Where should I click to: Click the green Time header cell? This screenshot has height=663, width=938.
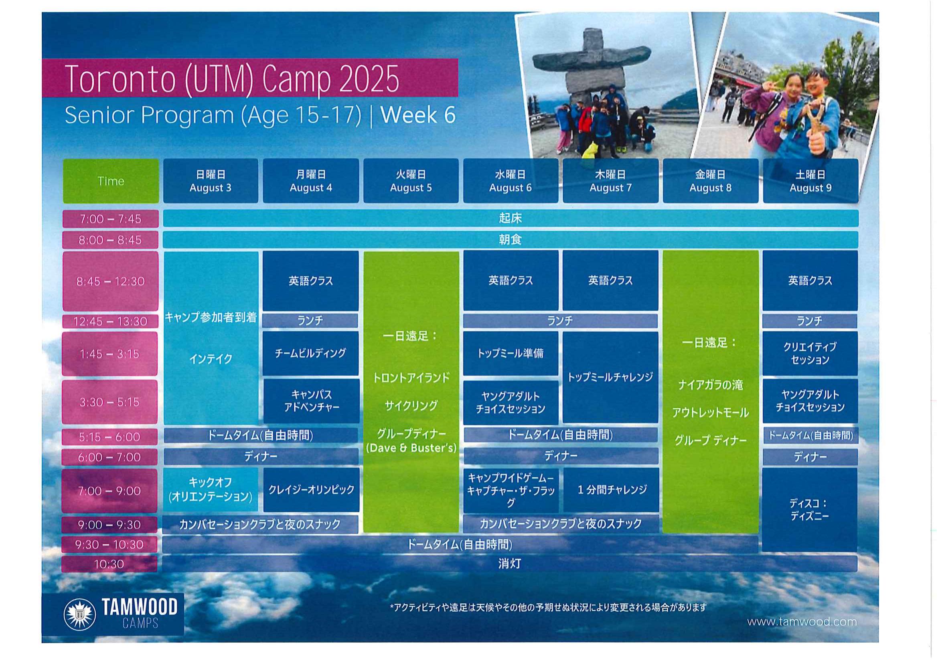click(x=111, y=181)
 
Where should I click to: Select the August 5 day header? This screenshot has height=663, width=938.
click(x=411, y=181)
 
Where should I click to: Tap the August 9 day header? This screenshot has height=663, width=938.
click(x=810, y=181)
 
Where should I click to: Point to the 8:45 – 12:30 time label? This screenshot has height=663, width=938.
click(x=110, y=281)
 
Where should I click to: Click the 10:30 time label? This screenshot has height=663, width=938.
click(x=109, y=564)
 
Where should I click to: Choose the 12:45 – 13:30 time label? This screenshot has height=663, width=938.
click(x=110, y=321)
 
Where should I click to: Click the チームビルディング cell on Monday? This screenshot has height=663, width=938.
click(x=310, y=353)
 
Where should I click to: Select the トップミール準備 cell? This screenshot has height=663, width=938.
click(x=511, y=353)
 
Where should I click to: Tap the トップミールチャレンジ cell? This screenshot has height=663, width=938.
click(x=610, y=377)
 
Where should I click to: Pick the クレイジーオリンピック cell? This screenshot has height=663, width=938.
click(x=311, y=490)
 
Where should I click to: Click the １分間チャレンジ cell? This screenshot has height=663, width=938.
click(x=612, y=490)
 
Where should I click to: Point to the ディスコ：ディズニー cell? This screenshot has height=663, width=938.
click(x=810, y=510)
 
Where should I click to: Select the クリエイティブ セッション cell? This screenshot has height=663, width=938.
click(x=810, y=353)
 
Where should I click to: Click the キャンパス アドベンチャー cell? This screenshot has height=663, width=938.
click(x=311, y=401)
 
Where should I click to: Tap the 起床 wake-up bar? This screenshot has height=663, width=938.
click(x=511, y=218)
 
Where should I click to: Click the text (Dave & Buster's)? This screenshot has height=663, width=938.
click(x=411, y=448)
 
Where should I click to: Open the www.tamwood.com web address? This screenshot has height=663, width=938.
click(x=802, y=622)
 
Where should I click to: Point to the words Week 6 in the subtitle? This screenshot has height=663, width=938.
click(x=418, y=115)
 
